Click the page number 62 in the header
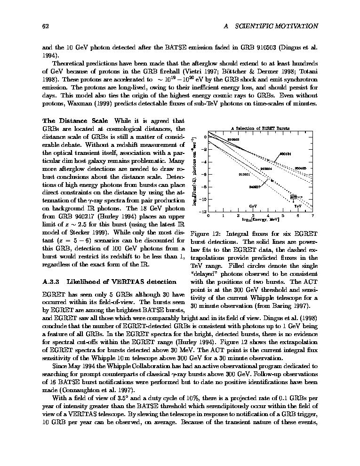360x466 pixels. point(46,26)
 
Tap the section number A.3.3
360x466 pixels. point(50,282)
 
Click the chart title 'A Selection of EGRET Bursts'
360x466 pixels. point(260,128)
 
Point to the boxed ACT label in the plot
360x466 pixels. point(294,196)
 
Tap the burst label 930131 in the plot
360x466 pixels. point(285,154)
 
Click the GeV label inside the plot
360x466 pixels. point(253,206)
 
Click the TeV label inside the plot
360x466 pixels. point(298,206)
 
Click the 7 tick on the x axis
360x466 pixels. point(312,215)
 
